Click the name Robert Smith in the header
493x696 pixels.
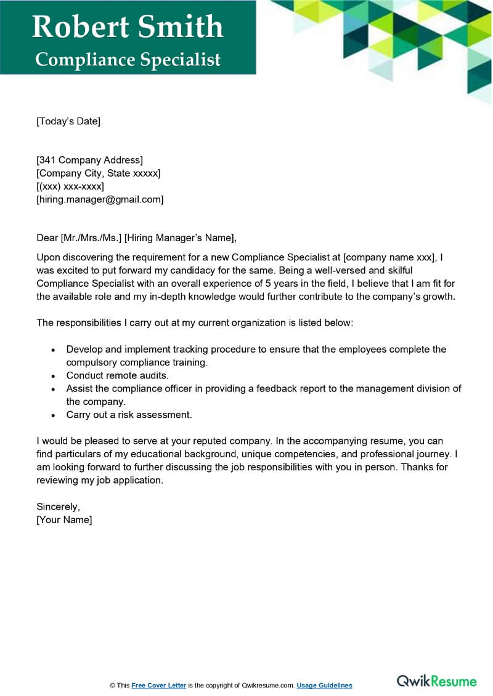tap(128, 26)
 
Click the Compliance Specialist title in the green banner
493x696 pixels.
tap(128, 59)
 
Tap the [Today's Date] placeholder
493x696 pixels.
tap(68, 121)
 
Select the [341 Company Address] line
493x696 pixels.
tap(89, 161)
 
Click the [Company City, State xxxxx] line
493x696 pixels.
tap(98, 174)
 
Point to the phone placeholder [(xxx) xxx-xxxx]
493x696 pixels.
tap(70, 186)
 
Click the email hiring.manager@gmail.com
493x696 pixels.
tap(100, 199)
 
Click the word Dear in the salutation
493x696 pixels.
tap(47, 238)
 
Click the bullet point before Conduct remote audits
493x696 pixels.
tap(53, 375)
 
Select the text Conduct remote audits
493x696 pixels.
tap(117, 375)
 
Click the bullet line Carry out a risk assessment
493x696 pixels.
tap(129, 415)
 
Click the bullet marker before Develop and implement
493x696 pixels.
tap(53, 350)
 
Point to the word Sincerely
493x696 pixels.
tap(58, 507)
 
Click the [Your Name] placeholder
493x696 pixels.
tap(64, 520)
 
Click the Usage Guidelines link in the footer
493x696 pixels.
tap(324, 685)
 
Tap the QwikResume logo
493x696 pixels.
tap(436, 681)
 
